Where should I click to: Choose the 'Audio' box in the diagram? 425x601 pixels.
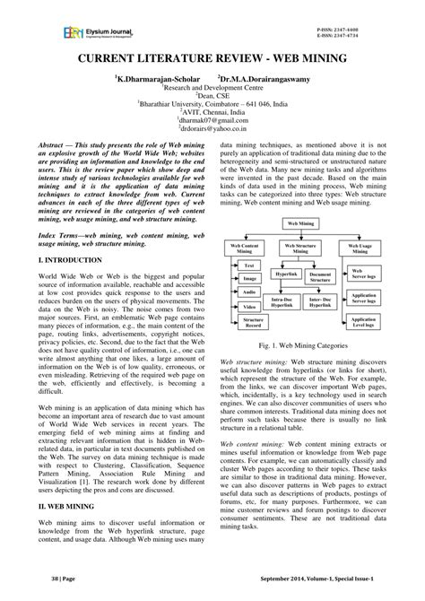247,292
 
